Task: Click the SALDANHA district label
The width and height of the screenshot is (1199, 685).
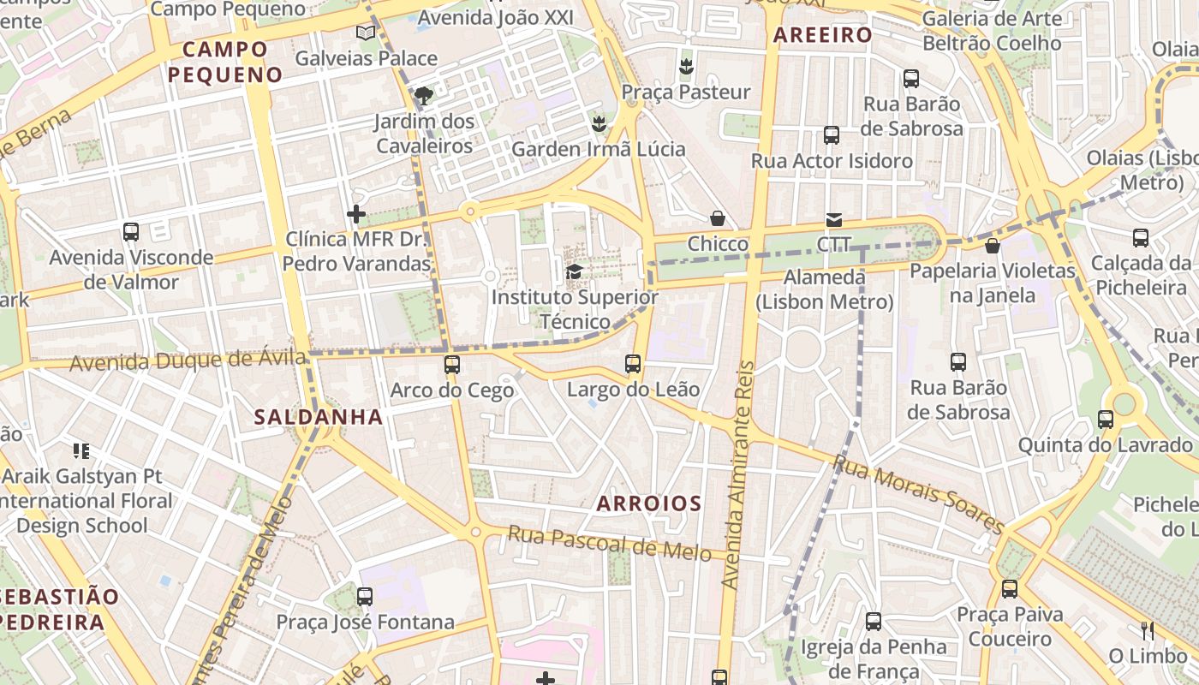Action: [318, 417]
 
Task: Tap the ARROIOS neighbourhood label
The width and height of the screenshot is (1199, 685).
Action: [649, 503]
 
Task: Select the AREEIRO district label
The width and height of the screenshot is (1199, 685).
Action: [822, 35]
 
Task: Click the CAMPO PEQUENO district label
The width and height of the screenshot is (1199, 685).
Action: [225, 62]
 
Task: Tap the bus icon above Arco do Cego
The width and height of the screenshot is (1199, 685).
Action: [452, 366]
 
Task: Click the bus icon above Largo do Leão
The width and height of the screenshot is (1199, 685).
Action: [633, 364]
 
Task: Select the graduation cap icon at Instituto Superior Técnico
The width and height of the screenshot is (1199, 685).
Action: [574, 272]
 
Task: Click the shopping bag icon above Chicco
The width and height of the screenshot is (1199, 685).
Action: [718, 219]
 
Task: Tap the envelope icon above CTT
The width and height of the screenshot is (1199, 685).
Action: [833, 220]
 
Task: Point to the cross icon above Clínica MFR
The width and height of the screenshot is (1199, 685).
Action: [356, 214]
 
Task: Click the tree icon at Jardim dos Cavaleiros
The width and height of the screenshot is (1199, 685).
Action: [423, 95]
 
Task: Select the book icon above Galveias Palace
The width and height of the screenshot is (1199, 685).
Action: [366, 33]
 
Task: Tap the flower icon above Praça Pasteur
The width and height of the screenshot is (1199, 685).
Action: [685, 66]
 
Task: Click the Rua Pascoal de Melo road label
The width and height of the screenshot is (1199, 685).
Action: [609, 544]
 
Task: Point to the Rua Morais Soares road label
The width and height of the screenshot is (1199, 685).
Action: [917, 495]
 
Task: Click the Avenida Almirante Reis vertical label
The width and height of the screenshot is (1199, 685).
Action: [738, 475]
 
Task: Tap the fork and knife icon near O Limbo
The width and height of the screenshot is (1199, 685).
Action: [1148, 631]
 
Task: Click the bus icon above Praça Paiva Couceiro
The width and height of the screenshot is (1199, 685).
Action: [1010, 589]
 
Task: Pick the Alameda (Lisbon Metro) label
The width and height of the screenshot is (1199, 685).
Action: [825, 289]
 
